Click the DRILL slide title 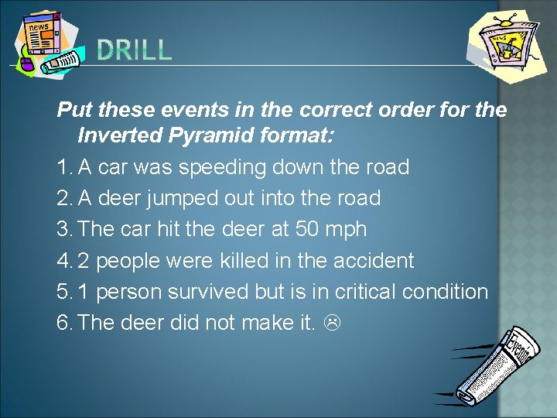[x=135, y=51]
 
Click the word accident [x=374, y=260]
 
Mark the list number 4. [x=63, y=260]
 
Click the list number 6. [x=63, y=323]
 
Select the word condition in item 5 [x=446, y=292]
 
